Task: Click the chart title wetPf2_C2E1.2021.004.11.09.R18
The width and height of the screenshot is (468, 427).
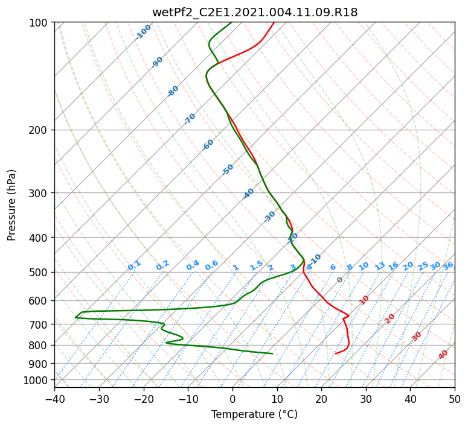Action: pyautogui.click(x=255, y=13)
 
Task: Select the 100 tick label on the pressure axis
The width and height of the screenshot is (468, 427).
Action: pyautogui.click(x=40, y=22)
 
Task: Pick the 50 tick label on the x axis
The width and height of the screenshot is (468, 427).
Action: pyautogui.click(x=455, y=399)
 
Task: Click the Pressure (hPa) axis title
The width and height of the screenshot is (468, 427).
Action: pyautogui.click(x=11, y=205)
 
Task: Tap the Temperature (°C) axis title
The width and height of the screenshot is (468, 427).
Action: pyautogui.click(x=255, y=414)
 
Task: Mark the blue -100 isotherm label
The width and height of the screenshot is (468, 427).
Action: pyautogui.click(x=143, y=32)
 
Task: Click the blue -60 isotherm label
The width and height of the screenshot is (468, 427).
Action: pyautogui.click(x=208, y=145)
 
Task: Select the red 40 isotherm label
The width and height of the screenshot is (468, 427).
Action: pyautogui.click(x=443, y=355)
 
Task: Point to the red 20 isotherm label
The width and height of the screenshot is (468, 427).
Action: pyautogui.click(x=389, y=319)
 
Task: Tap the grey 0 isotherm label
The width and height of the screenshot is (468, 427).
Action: pyautogui.click(x=339, y=280)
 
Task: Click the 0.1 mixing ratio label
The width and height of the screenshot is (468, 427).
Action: pyautogui.click(x=134, y=265)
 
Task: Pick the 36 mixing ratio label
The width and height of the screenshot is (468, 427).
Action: pyautogui.click(x=448, y=266)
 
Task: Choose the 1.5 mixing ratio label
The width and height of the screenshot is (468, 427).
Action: pyautogui.click(x=257, y=265)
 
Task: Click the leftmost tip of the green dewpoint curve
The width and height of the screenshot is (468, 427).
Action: pyautogui.click(x=75, y=318)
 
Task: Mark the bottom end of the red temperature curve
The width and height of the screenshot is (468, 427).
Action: pyautogui.click(x=336, y=353)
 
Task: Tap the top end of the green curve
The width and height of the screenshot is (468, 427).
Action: pyautogui.click(x=231, y=22)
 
